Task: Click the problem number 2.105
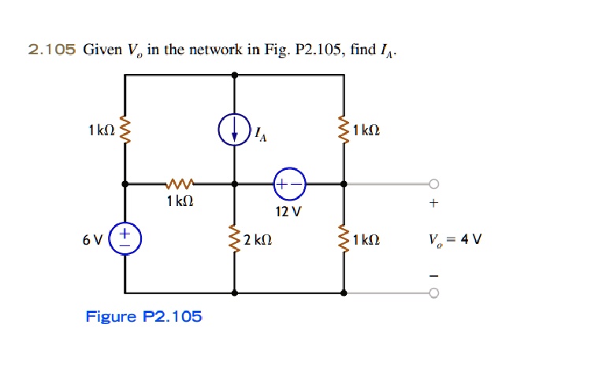point(52,50)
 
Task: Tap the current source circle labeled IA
point(235,130)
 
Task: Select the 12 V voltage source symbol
point(289,184)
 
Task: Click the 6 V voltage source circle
point(125,239)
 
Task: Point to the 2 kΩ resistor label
point(258,240)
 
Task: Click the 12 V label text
point(288,212)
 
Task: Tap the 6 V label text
point(92,240)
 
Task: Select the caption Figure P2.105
point(143,316)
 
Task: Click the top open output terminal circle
point(434,184)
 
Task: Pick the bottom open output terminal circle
point(434,293)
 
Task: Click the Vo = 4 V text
point(455,240)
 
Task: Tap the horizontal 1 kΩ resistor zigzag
point(180,184)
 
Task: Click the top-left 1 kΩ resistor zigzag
point(125,130)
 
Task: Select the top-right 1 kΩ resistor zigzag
point(344,130)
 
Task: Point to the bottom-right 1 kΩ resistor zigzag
point(344,239)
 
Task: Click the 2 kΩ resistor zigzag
point(235,239)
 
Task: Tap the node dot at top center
point(235,75)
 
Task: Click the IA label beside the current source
point(261,135)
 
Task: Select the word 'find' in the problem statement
point(363,50)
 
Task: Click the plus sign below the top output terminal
point(433,203)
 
